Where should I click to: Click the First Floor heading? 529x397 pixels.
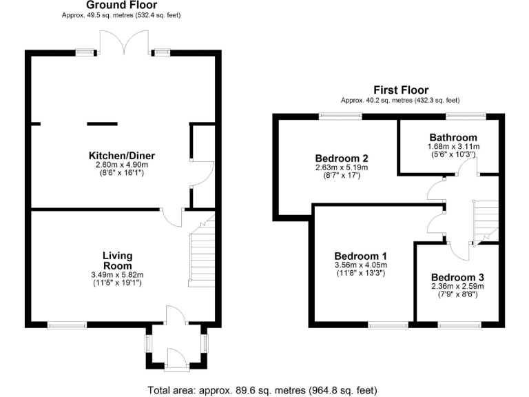(x=400, y=90)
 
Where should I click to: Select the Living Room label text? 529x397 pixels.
(x=117, y=261)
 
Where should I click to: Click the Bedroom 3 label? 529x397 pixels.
(x=457, y=276)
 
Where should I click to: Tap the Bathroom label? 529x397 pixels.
(x=453, y=137)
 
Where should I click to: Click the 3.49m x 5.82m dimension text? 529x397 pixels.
(x=117, y=274)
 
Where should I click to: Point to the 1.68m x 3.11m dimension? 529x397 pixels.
(x=453, y=146)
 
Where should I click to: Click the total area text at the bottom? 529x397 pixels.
(x=262, y=390)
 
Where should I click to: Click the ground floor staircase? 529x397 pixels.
(x=203, y=250)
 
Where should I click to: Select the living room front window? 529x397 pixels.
(x=68, y=324)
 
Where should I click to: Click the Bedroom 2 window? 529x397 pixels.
(x=341, y=116)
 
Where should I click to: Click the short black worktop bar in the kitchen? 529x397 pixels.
(x=101, y=124)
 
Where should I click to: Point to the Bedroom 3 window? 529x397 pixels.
(x=459, y=324)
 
